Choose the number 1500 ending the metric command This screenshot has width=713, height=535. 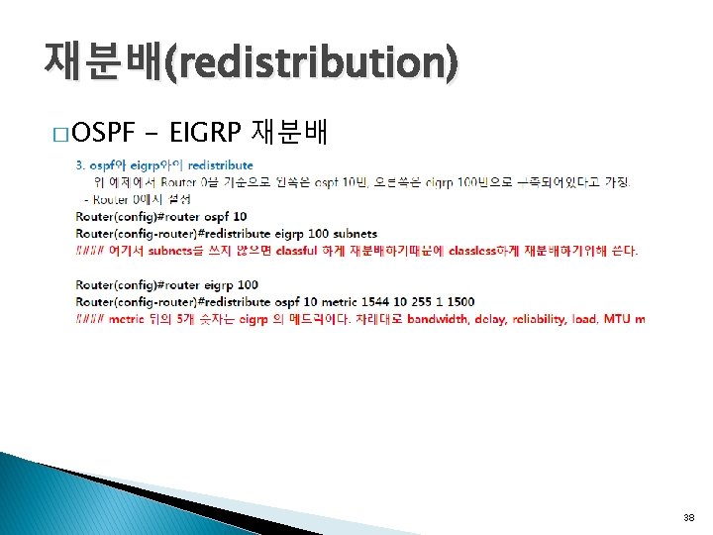[459, 302]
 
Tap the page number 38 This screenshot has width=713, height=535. [689, 518]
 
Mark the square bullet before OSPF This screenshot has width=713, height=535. [61, 134]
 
